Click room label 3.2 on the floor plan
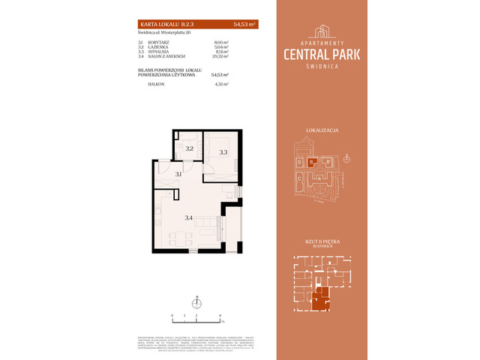[190, 149]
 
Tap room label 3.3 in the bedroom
[223, 152]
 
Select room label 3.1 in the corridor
[178, 175]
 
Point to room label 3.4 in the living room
[189, 218]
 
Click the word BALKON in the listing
[156, 85]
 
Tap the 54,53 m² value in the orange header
[244, 25]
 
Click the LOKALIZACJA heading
[322, 130]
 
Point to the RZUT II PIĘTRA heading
[322, 242]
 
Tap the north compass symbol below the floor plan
[196, 302]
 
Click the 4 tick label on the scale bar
[220, 316]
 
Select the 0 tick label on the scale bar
[172, 316]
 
